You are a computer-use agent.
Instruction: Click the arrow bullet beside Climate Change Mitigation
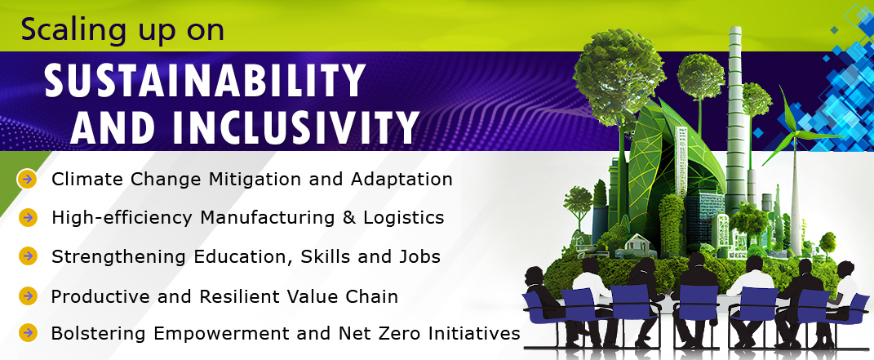[27, 180]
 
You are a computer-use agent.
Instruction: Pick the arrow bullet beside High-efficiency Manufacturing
[27, 217]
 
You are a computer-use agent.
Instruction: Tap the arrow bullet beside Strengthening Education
[27, 256]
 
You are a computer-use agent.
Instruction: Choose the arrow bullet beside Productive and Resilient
[27, 296]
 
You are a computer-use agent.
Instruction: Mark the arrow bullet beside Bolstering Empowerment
[27, 333]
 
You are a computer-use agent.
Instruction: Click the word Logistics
[404, 218]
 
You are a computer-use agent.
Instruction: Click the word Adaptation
[402, 180]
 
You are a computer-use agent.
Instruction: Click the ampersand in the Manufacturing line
[349, 217]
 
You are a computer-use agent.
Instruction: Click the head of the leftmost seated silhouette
[534, 276]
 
